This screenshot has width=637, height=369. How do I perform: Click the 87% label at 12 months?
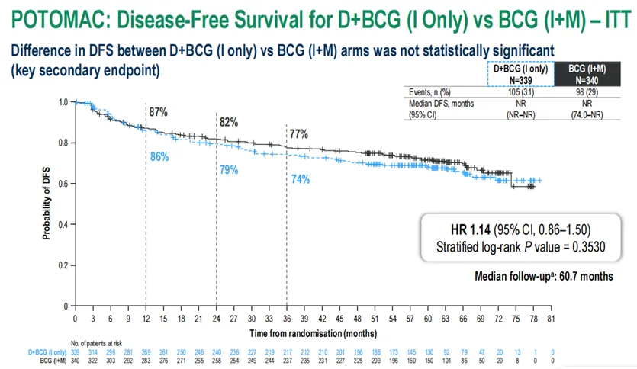[x=158, y=112]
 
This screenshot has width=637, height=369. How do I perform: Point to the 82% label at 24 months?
[x=229, y=122]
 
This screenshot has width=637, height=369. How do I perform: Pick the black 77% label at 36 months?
[x=298, y=134]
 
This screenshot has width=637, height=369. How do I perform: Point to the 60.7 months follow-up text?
[x=583, y=275]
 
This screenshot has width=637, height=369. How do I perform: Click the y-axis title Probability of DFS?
[x=47, y=204]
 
